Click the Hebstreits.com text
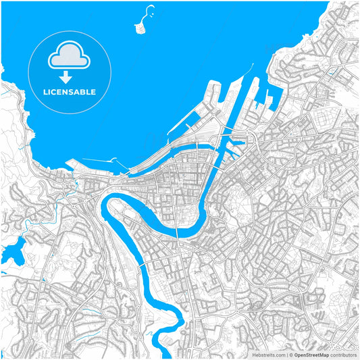point(269,354)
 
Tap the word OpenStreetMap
point(311,354)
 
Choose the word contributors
point(344,354)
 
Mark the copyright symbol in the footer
point(290,354)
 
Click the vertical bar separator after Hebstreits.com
point(286,354)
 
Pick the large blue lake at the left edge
point(12,250)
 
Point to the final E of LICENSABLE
point(93,92)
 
